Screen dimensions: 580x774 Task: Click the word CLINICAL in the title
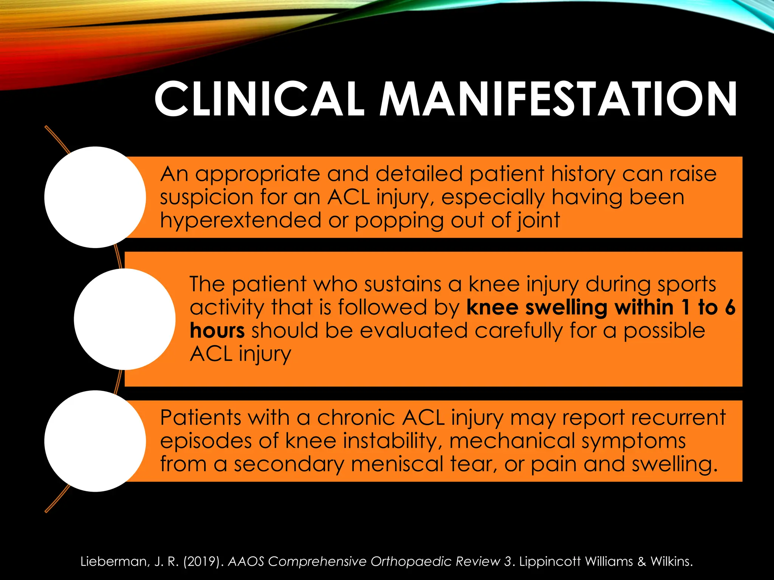tap(259, 99)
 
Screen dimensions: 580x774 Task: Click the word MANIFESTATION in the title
tap(558, 99)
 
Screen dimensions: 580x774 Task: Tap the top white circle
tap(95, 197)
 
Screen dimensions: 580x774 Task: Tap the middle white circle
tap(125, 319)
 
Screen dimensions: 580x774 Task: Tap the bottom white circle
tap(95, 441)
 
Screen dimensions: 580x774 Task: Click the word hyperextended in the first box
tap(240, 221)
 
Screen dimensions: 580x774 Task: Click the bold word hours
tap(217, 330)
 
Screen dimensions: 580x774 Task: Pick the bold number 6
tap(730, 307)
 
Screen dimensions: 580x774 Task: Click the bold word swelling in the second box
tap(565, 308)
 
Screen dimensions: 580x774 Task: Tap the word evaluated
tap(413, 330)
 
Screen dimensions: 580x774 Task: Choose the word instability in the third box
tap(393, 441)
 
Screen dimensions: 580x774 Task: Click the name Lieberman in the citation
tap(114, 561)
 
